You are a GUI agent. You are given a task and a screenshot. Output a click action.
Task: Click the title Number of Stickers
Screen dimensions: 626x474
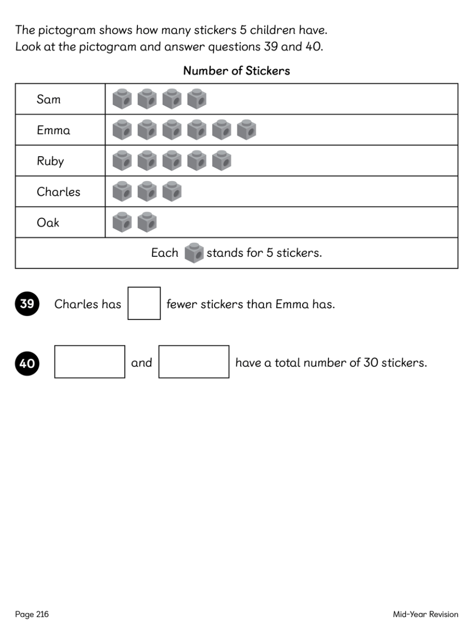coord(236,71)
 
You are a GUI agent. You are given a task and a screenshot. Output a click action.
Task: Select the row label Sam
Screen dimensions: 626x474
coord(48,99)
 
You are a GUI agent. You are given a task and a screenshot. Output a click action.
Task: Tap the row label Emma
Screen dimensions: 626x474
coord(53,130)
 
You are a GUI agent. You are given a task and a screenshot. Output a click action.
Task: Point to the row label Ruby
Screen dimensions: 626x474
coord(50,161)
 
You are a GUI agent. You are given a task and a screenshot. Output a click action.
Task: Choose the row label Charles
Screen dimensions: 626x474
coord(58,192)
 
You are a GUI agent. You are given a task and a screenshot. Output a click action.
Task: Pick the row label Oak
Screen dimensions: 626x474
coord(48,222)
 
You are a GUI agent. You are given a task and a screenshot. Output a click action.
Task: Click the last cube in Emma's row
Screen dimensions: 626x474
coord(246,130)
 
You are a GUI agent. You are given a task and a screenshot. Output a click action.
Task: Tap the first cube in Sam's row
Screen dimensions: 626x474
coord(122,99)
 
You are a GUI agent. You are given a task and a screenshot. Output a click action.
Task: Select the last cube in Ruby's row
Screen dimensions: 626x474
coord(221,160)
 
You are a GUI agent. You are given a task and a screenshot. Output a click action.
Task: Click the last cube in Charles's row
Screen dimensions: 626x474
coord(172,191)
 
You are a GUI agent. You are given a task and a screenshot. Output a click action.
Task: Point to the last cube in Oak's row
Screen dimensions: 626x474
coord(147,222)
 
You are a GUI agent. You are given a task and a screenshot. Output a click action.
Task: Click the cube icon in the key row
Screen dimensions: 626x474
coord(194,253)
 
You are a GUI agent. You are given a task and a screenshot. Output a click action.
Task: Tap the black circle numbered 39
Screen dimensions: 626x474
coord(27,303)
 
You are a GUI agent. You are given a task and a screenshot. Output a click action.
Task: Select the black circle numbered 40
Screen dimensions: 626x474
coord(27,363)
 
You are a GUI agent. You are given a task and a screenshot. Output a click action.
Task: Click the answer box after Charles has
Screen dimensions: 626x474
coord(144,303)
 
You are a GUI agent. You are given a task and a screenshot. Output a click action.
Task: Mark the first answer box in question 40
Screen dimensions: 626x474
coord(89,362)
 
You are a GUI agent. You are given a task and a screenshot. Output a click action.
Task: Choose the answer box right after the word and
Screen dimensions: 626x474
coord(193,362)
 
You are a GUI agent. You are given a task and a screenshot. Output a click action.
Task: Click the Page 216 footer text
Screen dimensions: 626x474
coord(32,614)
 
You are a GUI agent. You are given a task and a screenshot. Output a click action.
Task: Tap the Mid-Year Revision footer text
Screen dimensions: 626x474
coord(425,614)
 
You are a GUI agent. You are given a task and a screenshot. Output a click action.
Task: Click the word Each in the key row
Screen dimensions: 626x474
coord(165,253)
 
